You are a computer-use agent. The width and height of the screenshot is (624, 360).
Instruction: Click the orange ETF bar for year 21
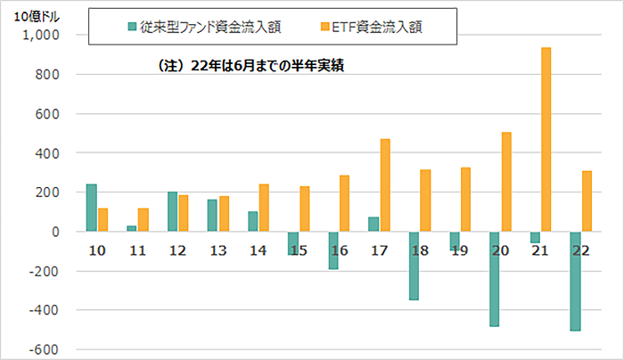click(x=546, y=139)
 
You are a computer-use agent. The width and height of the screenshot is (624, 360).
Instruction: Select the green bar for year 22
click(x=576, y=281)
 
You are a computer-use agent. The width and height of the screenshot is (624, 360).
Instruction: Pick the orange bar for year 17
click(x=385, y=185)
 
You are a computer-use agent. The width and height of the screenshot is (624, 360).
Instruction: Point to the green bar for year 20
click(x=495, y=279)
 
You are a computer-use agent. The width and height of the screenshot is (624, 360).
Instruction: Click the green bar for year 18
click(x=414, y=266)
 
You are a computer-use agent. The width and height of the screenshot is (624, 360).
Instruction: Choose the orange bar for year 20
click(x=506, y=182)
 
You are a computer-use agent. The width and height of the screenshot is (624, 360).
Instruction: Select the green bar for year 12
click(x=172, y=211)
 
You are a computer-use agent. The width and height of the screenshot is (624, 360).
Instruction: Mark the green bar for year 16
click(x=333, y=250)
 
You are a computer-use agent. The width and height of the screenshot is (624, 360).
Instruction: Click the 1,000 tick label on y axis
click(x=40, y=36)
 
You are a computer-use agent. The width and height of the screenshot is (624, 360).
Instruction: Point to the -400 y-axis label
click(x=45, y=310)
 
